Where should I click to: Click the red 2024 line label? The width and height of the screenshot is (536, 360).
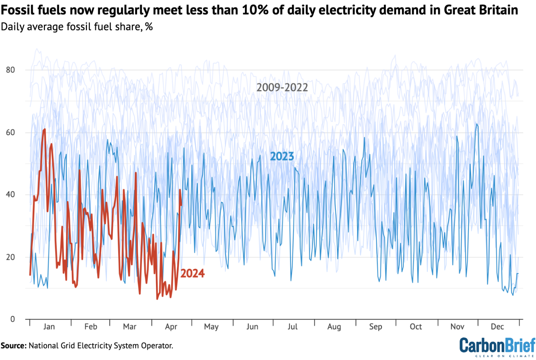click(192, 273)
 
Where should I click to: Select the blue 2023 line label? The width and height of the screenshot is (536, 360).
click(282, 157)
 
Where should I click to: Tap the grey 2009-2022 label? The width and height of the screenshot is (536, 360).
click(282, 87)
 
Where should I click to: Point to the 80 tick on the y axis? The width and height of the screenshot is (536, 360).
click(10, 70)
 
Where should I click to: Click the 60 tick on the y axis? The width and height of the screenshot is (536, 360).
click(10, 132)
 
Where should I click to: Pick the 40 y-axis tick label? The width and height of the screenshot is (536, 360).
click(10, 195)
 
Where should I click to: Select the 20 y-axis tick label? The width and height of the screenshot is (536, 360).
click(10, 257)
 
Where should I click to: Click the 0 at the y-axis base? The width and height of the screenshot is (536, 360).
click(13, 319)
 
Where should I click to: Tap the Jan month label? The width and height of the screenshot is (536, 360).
click(49, 327)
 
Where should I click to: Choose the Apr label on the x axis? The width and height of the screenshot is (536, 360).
click(171, 327)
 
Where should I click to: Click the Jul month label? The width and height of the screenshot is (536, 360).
click(292, 327)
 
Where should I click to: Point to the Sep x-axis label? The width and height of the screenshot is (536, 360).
click(375, 327)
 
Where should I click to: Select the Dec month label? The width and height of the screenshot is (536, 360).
click(497, 327)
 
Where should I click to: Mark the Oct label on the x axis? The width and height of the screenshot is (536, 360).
click(416, 327)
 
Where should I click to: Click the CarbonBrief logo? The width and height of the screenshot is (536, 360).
click(497, 346)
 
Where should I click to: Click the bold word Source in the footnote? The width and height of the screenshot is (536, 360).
click(14, 346)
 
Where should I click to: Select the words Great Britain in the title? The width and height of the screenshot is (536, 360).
click(481, 10)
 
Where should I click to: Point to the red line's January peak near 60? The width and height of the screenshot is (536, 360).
click(44, 130)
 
